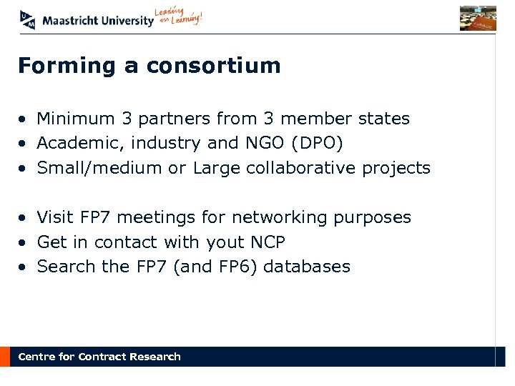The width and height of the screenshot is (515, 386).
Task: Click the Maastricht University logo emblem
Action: click(28, 19)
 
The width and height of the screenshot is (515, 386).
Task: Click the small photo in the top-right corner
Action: click(478, 18)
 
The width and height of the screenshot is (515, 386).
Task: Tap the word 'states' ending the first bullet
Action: click(386, 119)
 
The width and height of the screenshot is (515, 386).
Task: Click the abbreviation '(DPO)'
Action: click(317, 144)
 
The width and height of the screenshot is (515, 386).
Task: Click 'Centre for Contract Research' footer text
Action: click(99, 357)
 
